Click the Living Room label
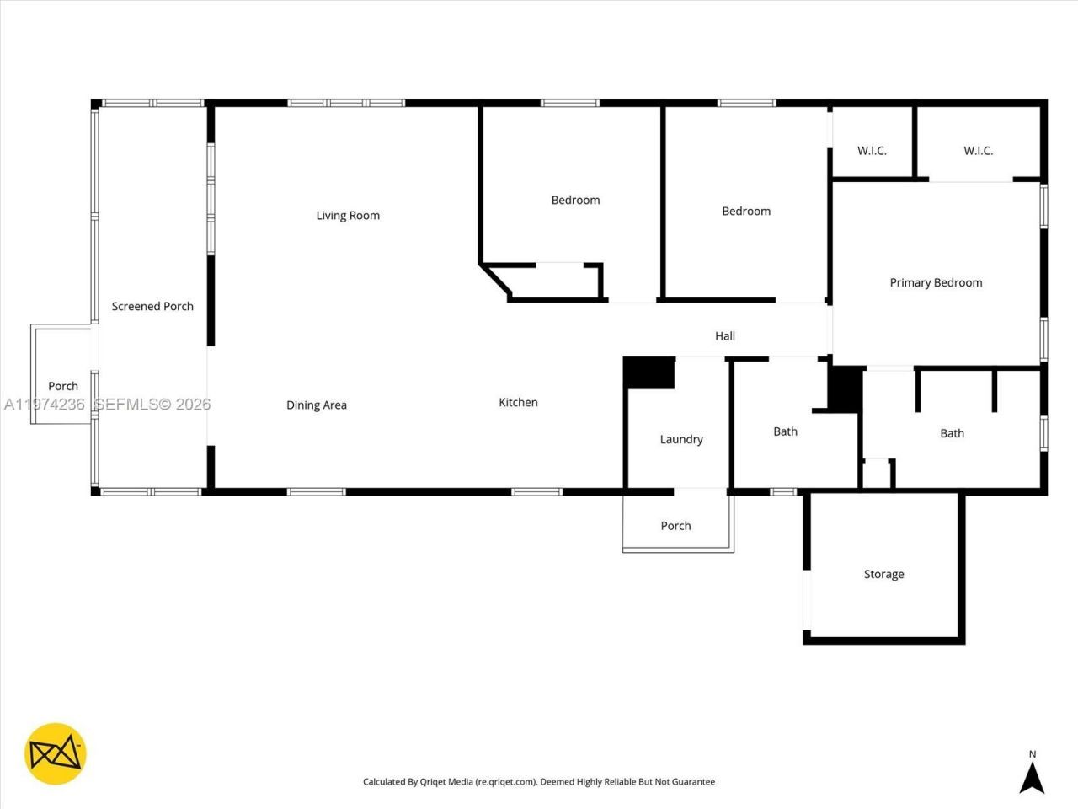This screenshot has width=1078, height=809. point(348,216)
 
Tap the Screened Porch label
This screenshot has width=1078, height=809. point(152,307)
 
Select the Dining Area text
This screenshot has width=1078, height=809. point(317,405)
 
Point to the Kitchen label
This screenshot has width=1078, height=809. point(518,403)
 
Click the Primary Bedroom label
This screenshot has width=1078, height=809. point(936,283)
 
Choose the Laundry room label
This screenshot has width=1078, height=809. point(681,440)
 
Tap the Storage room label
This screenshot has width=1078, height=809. point(883,575)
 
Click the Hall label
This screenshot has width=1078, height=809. point(725,336)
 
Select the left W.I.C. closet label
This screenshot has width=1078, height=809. point(872,151)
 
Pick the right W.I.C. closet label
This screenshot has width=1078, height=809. point(978,151)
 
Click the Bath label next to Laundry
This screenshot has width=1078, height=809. point(785,432)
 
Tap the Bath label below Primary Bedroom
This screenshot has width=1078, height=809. point(952,434)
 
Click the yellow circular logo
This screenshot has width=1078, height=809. point(56,753)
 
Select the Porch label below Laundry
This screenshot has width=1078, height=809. point(675,526)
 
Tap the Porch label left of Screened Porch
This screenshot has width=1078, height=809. point(63,387)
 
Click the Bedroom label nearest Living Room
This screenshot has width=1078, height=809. point(575,201)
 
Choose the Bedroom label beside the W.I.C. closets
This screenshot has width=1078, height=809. point(746,212)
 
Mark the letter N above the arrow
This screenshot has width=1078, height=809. point(1033,754)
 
